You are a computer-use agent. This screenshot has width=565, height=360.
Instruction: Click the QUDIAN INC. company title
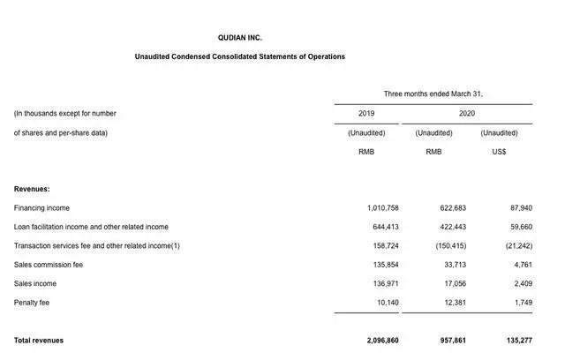(239, 38)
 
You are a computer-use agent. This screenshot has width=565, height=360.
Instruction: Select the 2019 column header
(366, 114)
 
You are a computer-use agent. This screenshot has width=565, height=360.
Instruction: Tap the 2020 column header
(466, 114)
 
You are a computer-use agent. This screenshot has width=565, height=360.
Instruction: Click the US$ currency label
(499, 152)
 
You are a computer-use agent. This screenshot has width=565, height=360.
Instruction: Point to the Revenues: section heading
(32, 189)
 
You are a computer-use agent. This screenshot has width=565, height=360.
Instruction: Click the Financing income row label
(41, 208)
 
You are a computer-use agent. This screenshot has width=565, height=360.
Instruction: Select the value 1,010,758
(382, 208)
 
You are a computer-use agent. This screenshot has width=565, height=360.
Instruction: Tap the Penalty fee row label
(32, 303)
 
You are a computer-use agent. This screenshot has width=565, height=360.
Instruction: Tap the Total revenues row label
(39, 341)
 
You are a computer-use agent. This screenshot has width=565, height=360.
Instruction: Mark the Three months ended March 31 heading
(433, 94)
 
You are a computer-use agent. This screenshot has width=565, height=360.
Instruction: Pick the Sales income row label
(36, 284)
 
